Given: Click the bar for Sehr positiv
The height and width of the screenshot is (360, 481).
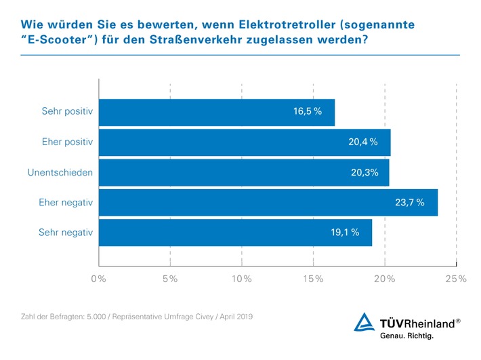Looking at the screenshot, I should tap(217, 112).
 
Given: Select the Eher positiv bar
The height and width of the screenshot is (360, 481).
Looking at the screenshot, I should tap(244, 142).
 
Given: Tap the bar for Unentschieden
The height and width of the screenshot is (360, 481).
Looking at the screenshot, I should tap(244, 172).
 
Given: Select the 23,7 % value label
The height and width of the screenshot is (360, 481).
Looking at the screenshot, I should tap(409, 202).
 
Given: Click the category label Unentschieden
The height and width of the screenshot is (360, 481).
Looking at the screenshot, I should tap(60, 172).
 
